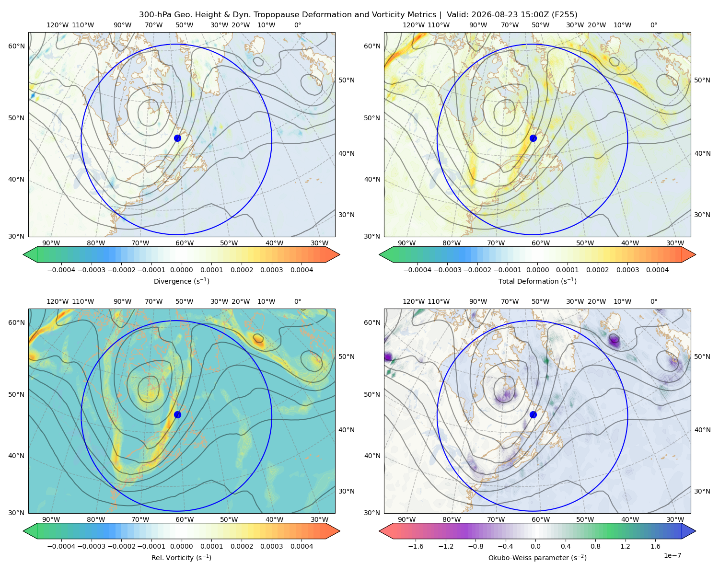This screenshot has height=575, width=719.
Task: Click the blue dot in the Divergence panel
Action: tap(177, 138)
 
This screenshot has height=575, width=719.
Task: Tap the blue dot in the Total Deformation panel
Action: tap(533, 138)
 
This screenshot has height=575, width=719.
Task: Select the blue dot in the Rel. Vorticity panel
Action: tap(177, 414)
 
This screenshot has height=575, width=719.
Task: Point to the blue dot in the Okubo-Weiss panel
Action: tap(533, 414)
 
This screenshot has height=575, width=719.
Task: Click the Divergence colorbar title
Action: tap(181, 281)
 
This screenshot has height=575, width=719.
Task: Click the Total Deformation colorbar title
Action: tap(537, 281)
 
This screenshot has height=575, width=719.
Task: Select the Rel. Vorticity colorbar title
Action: tap(181, 558)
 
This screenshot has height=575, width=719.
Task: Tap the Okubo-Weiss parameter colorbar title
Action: tap(537, 558)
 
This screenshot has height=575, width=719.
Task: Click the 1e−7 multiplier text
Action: tap(672, 555)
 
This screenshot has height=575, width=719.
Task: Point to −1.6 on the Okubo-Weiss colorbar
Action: tap(416, 546)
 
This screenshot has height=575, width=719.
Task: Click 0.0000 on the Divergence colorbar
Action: tap(181, 270)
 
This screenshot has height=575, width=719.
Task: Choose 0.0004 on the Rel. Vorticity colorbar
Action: tap(302, 546)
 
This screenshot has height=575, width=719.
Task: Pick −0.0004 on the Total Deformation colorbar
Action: tap(417, 270)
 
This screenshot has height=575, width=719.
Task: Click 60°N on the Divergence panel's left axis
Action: tap(16, 46)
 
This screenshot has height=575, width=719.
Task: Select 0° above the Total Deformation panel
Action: tap(653, 25)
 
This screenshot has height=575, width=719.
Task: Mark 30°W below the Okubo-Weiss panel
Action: tap(675, 519)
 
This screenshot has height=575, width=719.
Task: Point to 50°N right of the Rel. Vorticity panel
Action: tap(347, 356)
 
